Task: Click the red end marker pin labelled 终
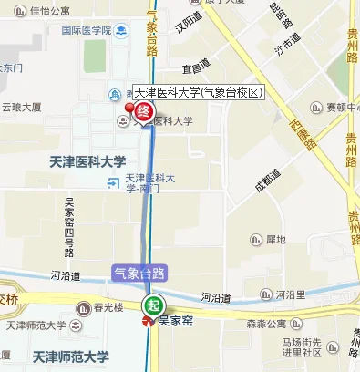143,112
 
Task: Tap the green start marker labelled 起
153,304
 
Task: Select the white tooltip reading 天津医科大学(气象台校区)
197,92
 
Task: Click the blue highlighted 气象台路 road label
139,273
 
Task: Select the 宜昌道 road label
195,66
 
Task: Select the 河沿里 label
288,294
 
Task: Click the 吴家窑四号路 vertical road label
68,228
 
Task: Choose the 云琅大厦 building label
22,107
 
